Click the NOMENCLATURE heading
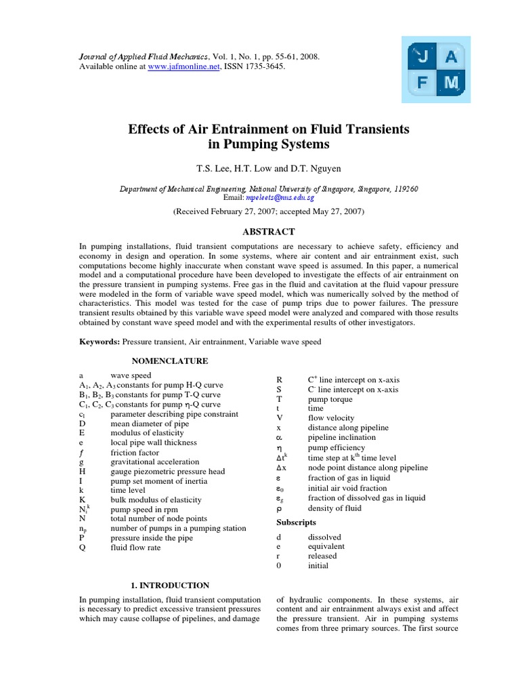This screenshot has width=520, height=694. pos(169,361)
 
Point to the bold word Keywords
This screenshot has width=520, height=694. pos(100,342)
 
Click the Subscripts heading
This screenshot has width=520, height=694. pos(296,523)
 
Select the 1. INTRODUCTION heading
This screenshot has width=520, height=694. pos(169,585)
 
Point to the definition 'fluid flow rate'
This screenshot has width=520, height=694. pos(135,548)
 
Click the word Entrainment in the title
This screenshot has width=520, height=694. pos(227,128)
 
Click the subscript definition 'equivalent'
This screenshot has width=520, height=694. pos(326,546)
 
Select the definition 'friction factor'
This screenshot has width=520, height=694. pos(135,452)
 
